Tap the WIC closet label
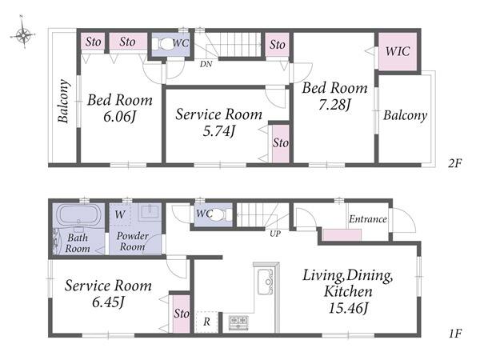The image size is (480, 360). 398,51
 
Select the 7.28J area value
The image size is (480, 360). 334,105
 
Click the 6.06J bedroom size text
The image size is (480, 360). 119,117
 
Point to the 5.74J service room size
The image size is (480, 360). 219,131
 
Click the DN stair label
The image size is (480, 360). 206,64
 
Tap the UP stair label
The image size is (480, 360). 275,234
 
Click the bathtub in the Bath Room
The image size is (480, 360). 79,215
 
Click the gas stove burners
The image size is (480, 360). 238,323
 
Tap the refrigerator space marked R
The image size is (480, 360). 206,322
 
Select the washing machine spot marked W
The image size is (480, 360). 120,214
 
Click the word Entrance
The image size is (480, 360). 368,219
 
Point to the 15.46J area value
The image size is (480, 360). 348,308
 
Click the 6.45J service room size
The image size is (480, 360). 108,302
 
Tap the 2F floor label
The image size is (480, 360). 454,163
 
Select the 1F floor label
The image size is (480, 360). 455,334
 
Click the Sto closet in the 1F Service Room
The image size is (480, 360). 182,314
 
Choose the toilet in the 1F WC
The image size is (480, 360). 218,215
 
